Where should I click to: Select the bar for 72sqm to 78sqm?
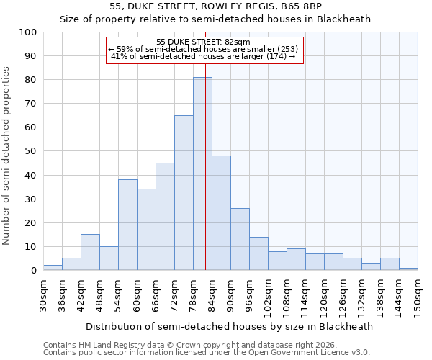184,193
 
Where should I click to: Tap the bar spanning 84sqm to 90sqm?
221,213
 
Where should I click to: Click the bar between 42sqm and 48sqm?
90,252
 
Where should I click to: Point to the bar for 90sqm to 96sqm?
240,239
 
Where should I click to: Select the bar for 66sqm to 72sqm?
165,217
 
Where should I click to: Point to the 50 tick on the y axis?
30,151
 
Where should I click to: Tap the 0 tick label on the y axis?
33,271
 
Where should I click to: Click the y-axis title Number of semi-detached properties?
7,156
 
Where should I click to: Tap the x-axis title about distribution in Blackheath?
230,327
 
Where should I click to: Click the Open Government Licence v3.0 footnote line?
207,353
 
